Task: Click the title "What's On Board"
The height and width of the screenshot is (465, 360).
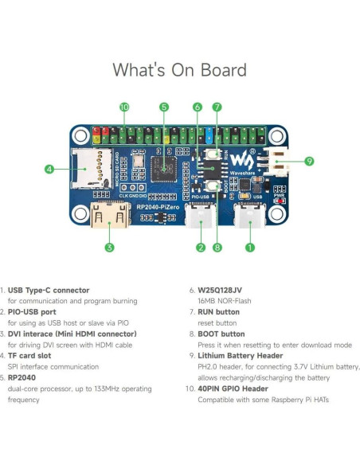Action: click(x=179, y=70)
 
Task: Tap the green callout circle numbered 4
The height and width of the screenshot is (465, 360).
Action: click(x=49, y=169)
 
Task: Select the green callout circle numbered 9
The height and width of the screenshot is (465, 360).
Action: click(x=309, y=161)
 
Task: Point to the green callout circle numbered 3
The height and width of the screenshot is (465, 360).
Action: click(x=108, y=247)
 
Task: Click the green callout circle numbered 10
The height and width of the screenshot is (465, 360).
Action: click(x=124, y=107)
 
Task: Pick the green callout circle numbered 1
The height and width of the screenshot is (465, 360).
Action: click(x=249, y=247)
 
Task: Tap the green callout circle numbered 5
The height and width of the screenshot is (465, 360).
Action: click(x=163, y=107)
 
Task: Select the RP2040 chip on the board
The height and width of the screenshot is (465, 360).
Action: click(x=163, y=166)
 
